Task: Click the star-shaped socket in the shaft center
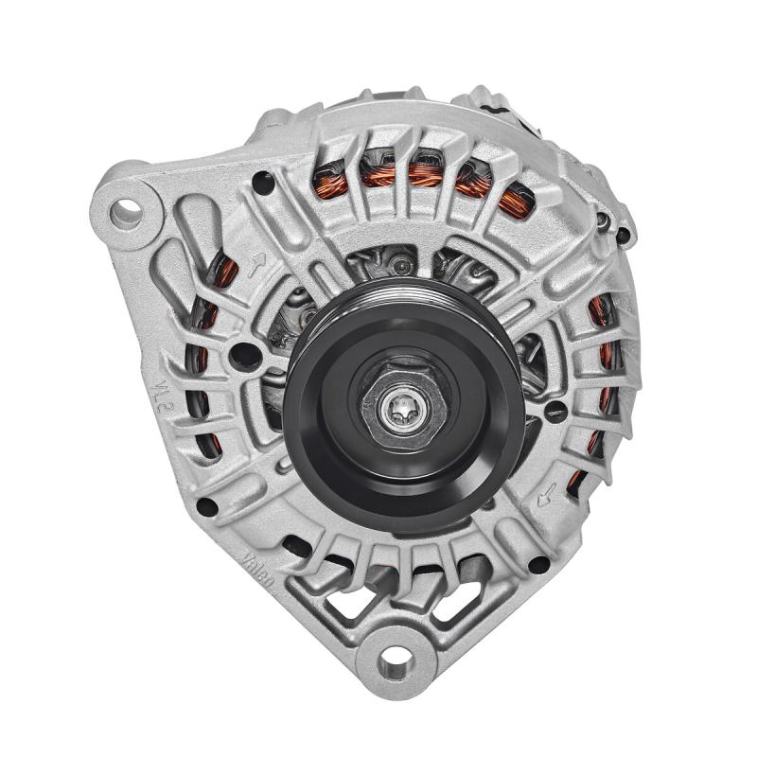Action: click(396, 409)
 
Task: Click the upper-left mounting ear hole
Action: click(126, 211)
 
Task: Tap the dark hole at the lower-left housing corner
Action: click(207, 506)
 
